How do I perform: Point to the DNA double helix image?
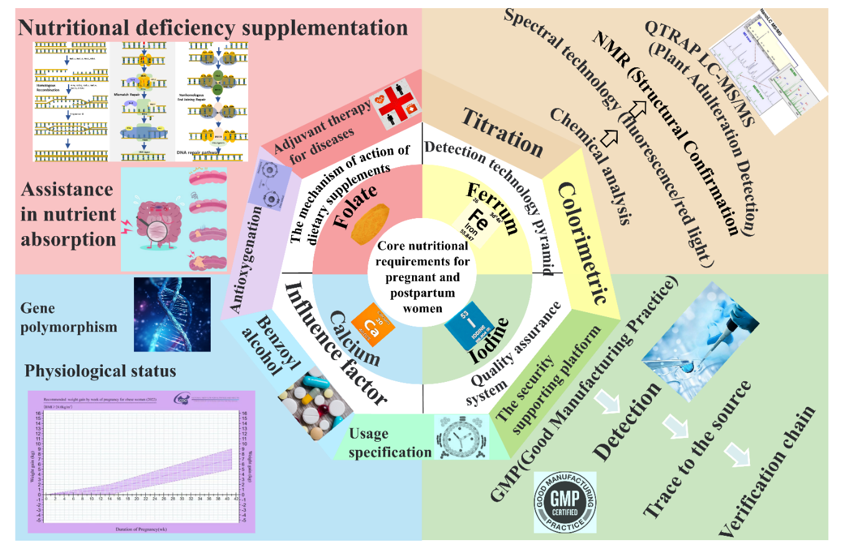(x=173, y=314)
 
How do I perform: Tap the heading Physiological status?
(x=100, y=371)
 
